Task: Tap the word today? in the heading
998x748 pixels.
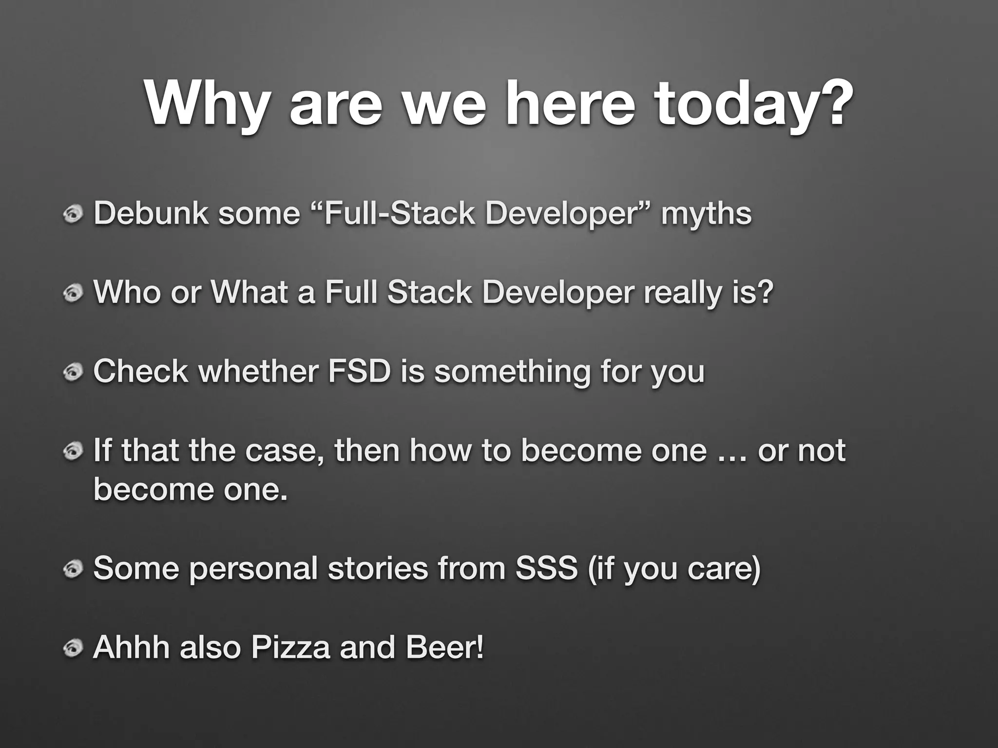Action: (753, 105)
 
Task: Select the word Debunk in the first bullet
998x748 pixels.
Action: (151, 214)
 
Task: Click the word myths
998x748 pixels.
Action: (706, 214)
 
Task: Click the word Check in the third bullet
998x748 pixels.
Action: (141, 371)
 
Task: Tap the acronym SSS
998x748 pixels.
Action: (546, 568)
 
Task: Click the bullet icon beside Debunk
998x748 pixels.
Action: (73, 215)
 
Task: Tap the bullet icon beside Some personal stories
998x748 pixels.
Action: (73, 569)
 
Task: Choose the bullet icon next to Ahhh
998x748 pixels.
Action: (73, 648)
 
